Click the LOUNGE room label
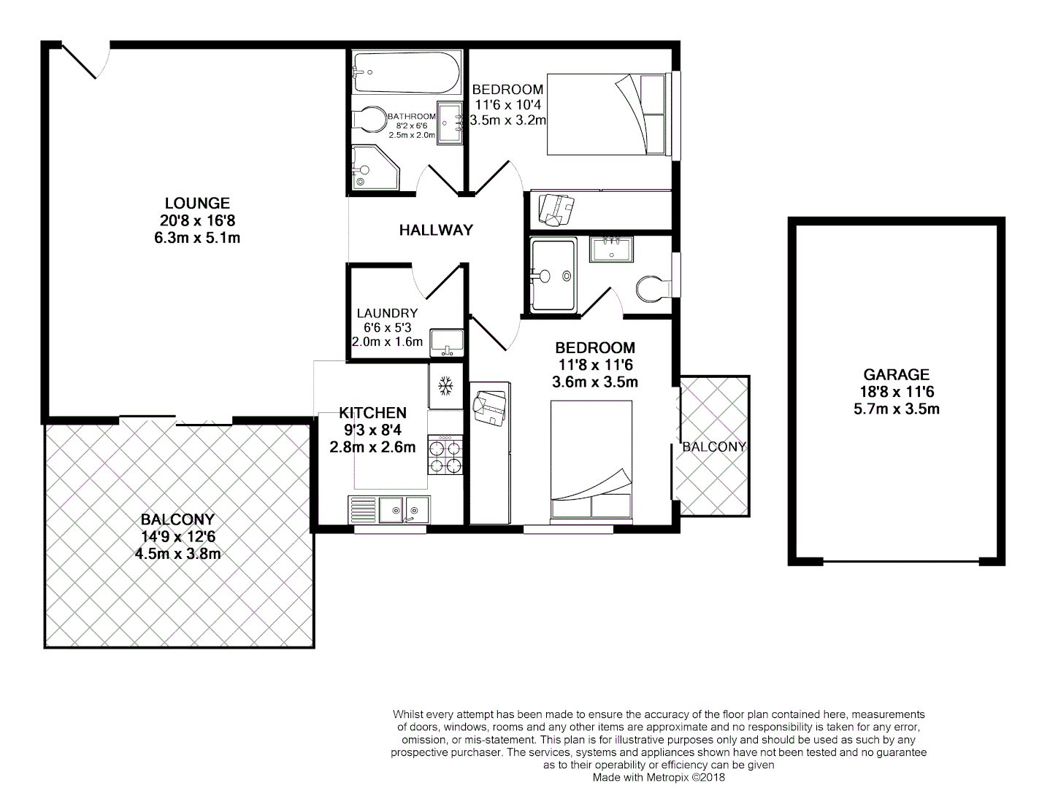point(197,204)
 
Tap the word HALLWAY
point(436,231)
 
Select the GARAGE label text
point(896,375)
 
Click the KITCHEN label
point(372,414)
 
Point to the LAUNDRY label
point(387,313)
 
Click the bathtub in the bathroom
point(406,72)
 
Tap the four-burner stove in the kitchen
point(445,455)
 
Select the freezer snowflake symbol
point(445,385)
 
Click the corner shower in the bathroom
point(373,167)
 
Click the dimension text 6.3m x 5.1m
point(197,238)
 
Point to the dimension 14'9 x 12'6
point(177,537)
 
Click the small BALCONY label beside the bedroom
point(714,447)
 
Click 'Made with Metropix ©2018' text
point(659,778)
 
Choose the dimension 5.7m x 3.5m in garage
point(896,409)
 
